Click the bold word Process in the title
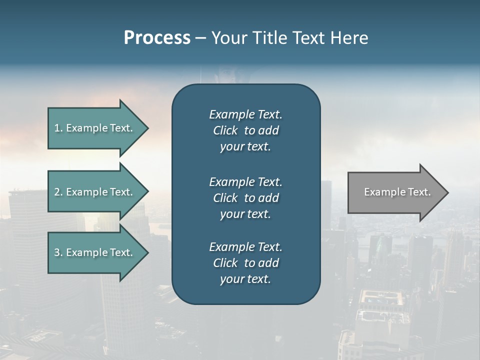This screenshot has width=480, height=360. pyautogui.click(x=157, y=38)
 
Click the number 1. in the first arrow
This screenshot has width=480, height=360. pyautogui.click(x=58, y=128)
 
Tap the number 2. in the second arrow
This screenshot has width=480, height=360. pyautogui.click(x=58, y=192)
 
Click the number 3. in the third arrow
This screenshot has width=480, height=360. pyautogui.click(x=58, y=252)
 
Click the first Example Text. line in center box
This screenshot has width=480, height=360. pyautogui.click(x=245, y=114)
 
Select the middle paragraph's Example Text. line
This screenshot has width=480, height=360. pyautogui.click(x=245, y=181)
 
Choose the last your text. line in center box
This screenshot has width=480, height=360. pyautogui.click(x=245, y=279)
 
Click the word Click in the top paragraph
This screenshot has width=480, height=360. pyautogui.click(x=225, y=130)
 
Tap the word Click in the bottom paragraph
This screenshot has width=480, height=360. pyautogui.click(x=225, y=263)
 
